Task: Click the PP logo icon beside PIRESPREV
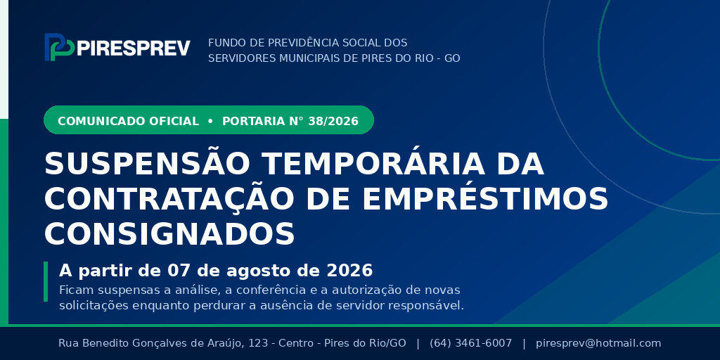60,47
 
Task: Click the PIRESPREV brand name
134,48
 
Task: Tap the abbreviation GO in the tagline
452,58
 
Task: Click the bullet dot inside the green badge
210,121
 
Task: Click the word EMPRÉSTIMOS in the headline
485,198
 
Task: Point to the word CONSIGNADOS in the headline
169,233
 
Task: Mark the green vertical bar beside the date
46,281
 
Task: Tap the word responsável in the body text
430,305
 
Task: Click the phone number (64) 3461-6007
470,343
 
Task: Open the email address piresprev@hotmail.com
598,343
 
